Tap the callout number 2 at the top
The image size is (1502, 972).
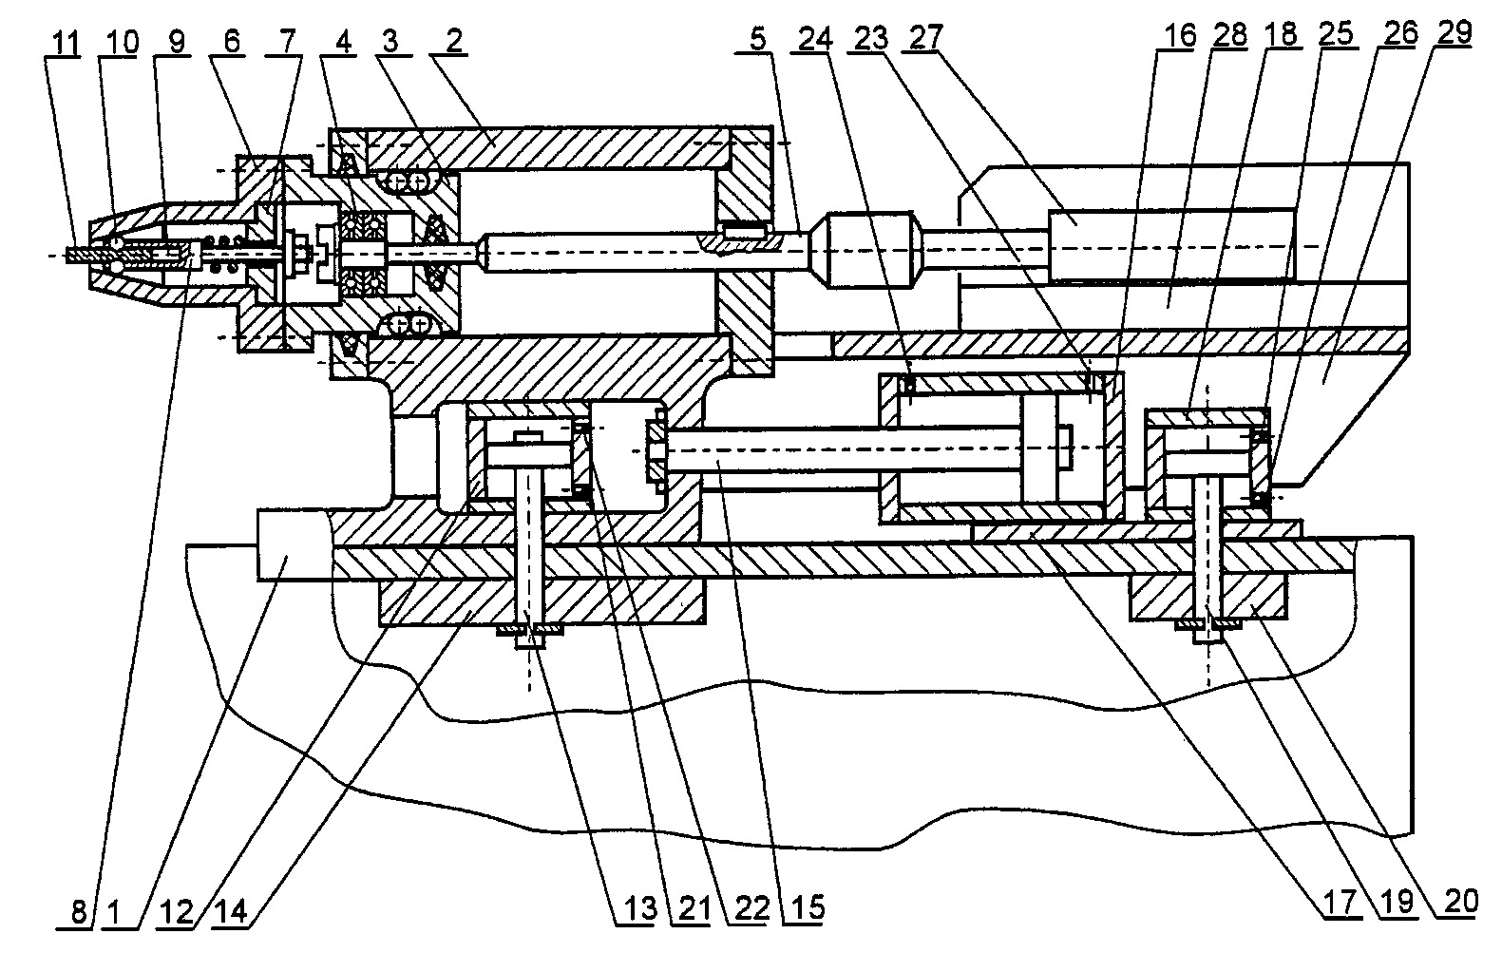(x=455, y=41)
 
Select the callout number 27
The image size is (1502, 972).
(x=926, y=37)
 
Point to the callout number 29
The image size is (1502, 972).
(x=1453, y=33)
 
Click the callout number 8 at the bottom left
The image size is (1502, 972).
(x=79, y=913)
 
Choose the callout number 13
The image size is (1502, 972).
(x=640, y=909)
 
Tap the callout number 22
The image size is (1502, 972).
(x=751, y=909)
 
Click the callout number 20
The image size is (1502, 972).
(x=1461, y=903)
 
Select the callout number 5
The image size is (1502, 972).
(x=757, y=39)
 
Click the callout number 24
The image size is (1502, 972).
(x=815, y=38)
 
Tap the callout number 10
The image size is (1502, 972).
(x=122, y=43)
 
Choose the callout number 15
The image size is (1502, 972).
(x=808, y=908)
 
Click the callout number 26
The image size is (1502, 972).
(x=1400, y=33)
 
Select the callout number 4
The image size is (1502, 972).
(x=343, y=42)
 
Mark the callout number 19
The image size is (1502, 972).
(x=1397, y=904)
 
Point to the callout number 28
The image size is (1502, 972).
(x=1230, y=35)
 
